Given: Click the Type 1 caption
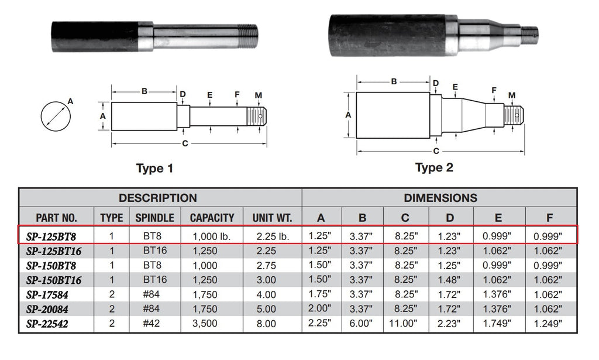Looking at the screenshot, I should tap(154, 169).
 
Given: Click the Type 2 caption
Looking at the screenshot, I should tap(434, 167).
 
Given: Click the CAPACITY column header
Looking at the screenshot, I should tap(212, 218).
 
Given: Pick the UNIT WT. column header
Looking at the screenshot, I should tap(272, 218).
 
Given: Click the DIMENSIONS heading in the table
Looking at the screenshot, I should tap(440, 198).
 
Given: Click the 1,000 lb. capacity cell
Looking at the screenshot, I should tap(212, 236).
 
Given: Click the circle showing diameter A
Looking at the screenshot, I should tap(56, 116).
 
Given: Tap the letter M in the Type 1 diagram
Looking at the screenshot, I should tap(258, 95).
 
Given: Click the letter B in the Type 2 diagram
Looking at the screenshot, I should tap(394, 81).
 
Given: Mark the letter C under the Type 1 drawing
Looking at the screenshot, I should tap(185, 143).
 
